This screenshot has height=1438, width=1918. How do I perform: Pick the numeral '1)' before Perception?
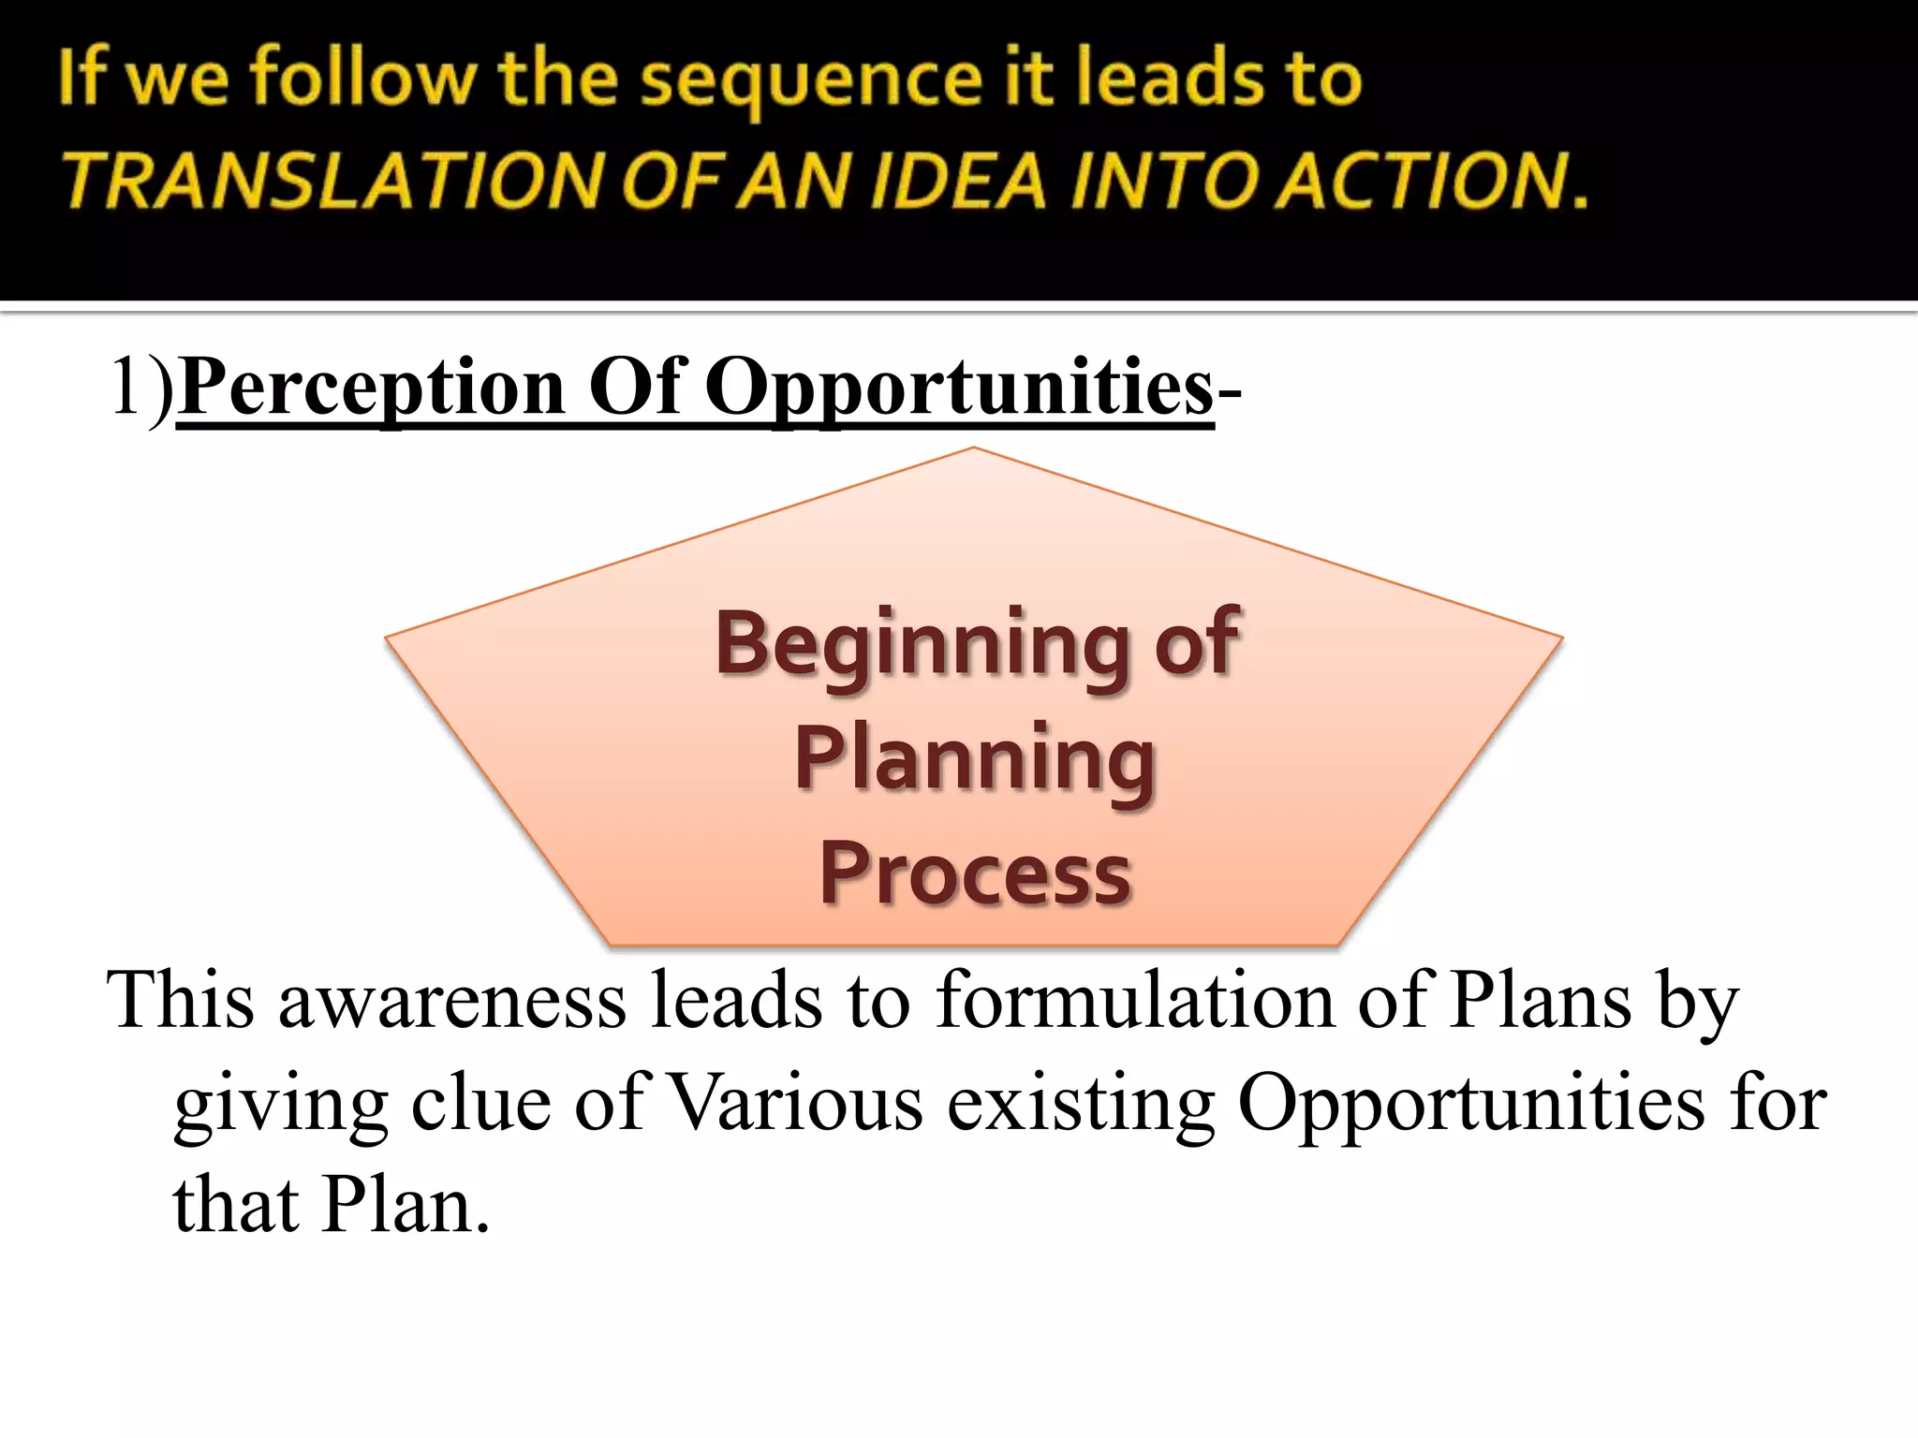(x=140, y=387)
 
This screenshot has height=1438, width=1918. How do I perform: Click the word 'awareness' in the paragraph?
(x=452, y=1000)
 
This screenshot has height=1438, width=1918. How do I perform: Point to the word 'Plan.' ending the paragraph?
(x=405, y=1206)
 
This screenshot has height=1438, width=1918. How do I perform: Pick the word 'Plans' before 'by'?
(x=1541, y=1000)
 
